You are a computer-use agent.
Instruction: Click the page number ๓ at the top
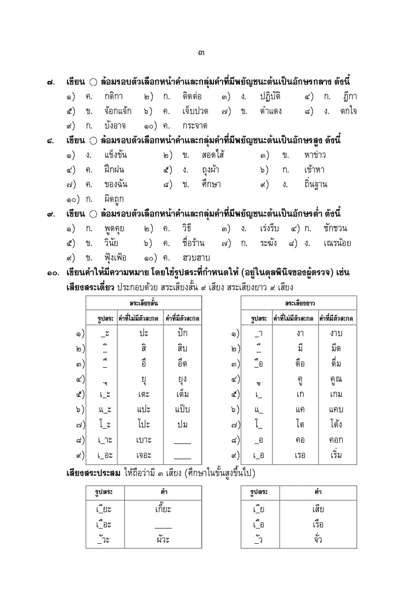pos(202,53)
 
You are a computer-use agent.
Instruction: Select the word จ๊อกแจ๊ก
pos(117,111)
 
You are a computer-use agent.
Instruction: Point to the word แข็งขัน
pos(116,155)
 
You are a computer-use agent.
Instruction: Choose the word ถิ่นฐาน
pos(316,185)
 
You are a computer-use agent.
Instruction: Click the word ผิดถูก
pos(114,199)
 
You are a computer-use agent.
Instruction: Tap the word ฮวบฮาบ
pos(196,258)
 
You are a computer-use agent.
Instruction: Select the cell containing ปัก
pos(182,333)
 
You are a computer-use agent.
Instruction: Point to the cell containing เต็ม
pos(182,394)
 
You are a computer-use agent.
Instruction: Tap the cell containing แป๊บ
pos(182,410)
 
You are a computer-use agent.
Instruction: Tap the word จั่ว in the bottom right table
pos(317,539)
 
